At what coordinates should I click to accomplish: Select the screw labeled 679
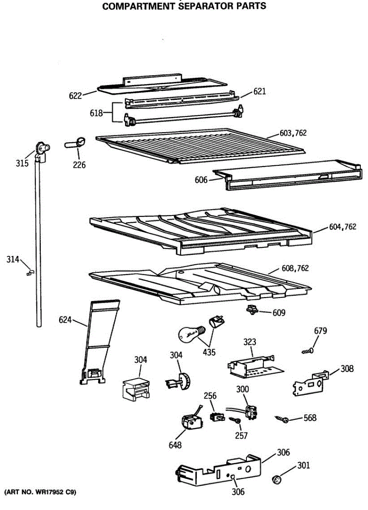pyautogui.click(x=307, y=351)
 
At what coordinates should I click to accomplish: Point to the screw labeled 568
pyautogui.click(x=283, y=419)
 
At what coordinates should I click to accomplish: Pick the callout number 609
pyautogui.click(x=279, y=313)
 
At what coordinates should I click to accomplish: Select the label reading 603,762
pyautogui.click(x=293, y=133)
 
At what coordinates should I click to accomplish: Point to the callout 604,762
pyautogui.click(x=343, y=227)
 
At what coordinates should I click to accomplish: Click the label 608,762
pyautogui.click(x=295, y=268)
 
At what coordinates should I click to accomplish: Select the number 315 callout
pyautogui.click(x=22, y=163)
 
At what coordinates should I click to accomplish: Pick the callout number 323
pyautogui.click(x=250, y=341)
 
